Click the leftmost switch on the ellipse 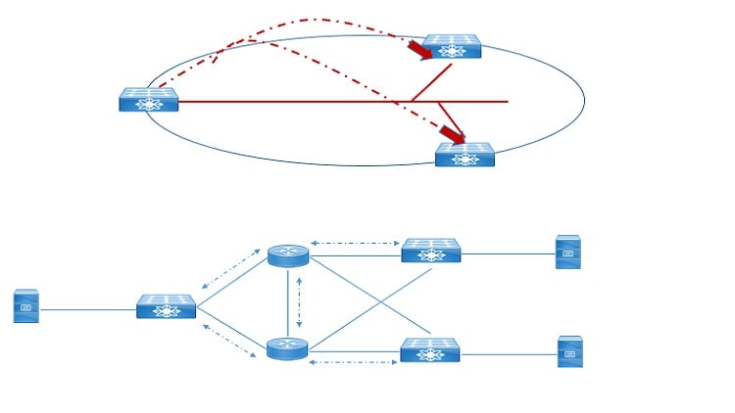pyautogui.click(x=149, y=100)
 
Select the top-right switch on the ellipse pyautogui.click(x=452, y=46)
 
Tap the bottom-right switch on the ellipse pyautogui.click(x=465, y=155)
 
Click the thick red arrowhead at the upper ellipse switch pyautogui.click(x=419, y=49)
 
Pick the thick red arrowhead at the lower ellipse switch pyautogui.click(x=452, y=133)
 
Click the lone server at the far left pyautogui.click(x=26, y=306)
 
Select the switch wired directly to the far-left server pyautogui.click(x=166, y=306)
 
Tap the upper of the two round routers pyautogui.click(x=288, y=255)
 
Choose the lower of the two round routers pyautogui.click(x=287, y=347)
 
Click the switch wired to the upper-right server pyautogui.click(x=431, y=251)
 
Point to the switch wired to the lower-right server pyautogui.click(x=430, y=350)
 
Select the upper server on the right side pyautogui.click(x=567, y=252)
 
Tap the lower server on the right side pyautogui.click(x=569, y=351)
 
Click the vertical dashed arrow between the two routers pyautogui.click(x=300, y=301)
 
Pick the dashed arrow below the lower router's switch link pyautogui.click(x=354, y=363)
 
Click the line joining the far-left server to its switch pyautogui.click(x=87, y=309)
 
